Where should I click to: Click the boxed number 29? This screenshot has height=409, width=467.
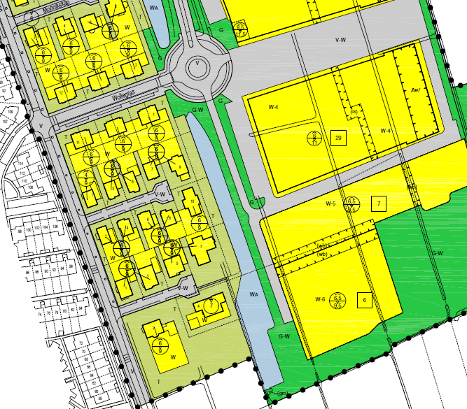point(339,138)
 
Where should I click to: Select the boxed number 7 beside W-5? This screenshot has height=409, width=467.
point(379,204)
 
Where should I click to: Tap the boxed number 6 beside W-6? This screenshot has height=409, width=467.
point(364,300)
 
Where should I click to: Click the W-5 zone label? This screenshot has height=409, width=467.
point(331,203)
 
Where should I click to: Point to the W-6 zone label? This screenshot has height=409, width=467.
point(320,299)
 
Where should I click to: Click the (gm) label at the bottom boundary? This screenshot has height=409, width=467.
point(282,394)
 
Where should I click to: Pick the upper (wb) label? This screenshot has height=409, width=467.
point(323,246)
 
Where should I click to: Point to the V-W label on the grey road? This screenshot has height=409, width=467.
point(341,40)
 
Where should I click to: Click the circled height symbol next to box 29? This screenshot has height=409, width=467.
point(315,138)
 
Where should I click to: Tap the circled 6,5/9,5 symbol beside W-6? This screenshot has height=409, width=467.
point(340,300)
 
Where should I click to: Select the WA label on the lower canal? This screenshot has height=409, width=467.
point(254,294)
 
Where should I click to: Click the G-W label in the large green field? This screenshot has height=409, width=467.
point(438,253)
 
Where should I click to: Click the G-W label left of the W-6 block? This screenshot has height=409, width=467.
point(284,337)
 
